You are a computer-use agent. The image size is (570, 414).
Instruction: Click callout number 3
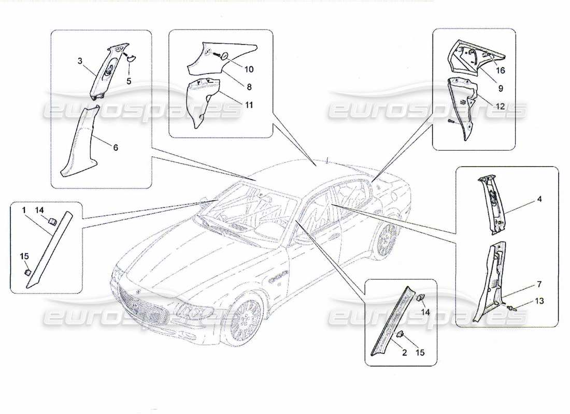80,61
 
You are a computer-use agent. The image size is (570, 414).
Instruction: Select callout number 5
129,81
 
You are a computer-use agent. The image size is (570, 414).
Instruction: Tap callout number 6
115,147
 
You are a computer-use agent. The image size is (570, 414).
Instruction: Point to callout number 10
249,69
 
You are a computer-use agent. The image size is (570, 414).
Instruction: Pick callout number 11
249,105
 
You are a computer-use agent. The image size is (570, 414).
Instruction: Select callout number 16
502,70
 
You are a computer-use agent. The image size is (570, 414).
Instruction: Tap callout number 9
501,88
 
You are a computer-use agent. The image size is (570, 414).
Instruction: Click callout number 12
501,106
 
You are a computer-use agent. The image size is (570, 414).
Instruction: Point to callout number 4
539,199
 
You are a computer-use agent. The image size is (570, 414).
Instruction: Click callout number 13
539,301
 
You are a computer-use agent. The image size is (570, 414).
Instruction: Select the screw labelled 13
514,309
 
